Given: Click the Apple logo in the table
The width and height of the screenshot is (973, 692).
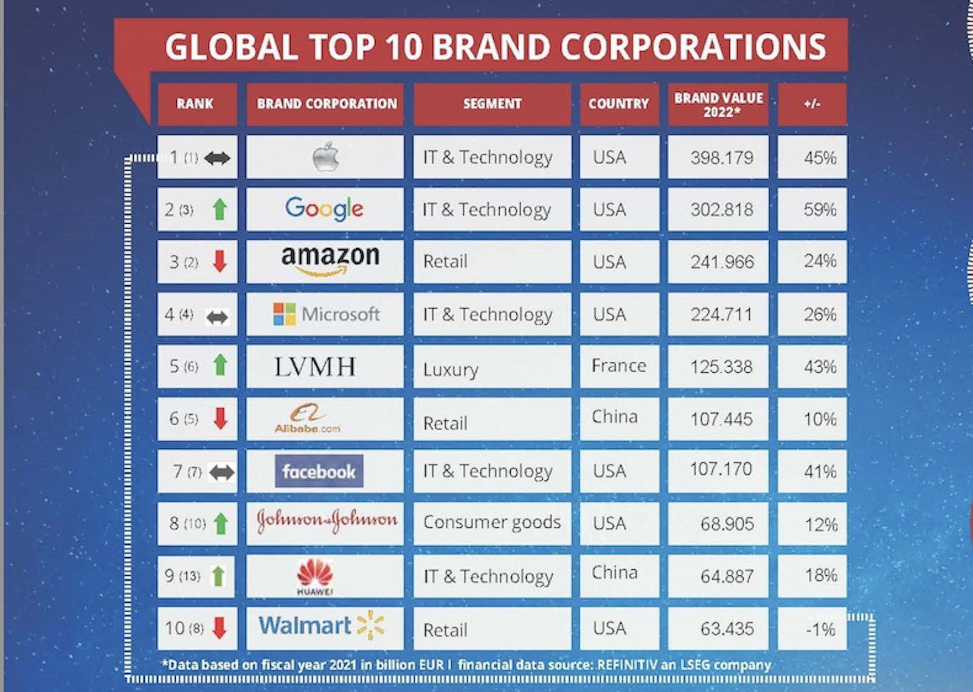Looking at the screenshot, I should (x=325, y=157).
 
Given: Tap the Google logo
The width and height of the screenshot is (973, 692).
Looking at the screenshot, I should (x=324, y=209).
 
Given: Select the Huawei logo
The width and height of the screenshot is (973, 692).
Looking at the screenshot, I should (x=315, y=576).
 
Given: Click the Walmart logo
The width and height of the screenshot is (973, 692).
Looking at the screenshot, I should (x=321, y=626).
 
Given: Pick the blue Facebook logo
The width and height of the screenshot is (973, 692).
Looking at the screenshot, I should (x=319, y=471).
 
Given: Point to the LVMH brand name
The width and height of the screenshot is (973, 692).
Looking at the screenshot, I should (x=314, y=367).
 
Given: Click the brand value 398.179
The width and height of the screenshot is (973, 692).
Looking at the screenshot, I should (x=721, y=157).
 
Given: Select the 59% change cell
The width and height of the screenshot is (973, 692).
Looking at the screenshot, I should (x=819, y=210).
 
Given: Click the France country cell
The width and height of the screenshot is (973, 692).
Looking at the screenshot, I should (x=618, y=365).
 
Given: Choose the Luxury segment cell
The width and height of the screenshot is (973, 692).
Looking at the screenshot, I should (x=451, y=369).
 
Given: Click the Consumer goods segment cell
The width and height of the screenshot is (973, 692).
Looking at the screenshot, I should (x=492, y=522).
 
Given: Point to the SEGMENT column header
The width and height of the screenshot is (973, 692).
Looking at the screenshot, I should (x=492, y=104).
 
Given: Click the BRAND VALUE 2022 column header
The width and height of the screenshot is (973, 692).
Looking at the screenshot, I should (x=718, y=105).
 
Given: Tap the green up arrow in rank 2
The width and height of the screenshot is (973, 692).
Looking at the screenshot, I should (x=220, y=210).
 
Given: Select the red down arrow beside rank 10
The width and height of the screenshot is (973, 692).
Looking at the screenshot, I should (x=220, y=628).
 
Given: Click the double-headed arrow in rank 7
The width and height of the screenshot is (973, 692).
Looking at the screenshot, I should (x=221, y=472).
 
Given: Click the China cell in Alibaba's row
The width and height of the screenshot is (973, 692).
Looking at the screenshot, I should (x=614, y=417).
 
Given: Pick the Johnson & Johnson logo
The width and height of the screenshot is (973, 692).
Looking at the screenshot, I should (x=327, y=521).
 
